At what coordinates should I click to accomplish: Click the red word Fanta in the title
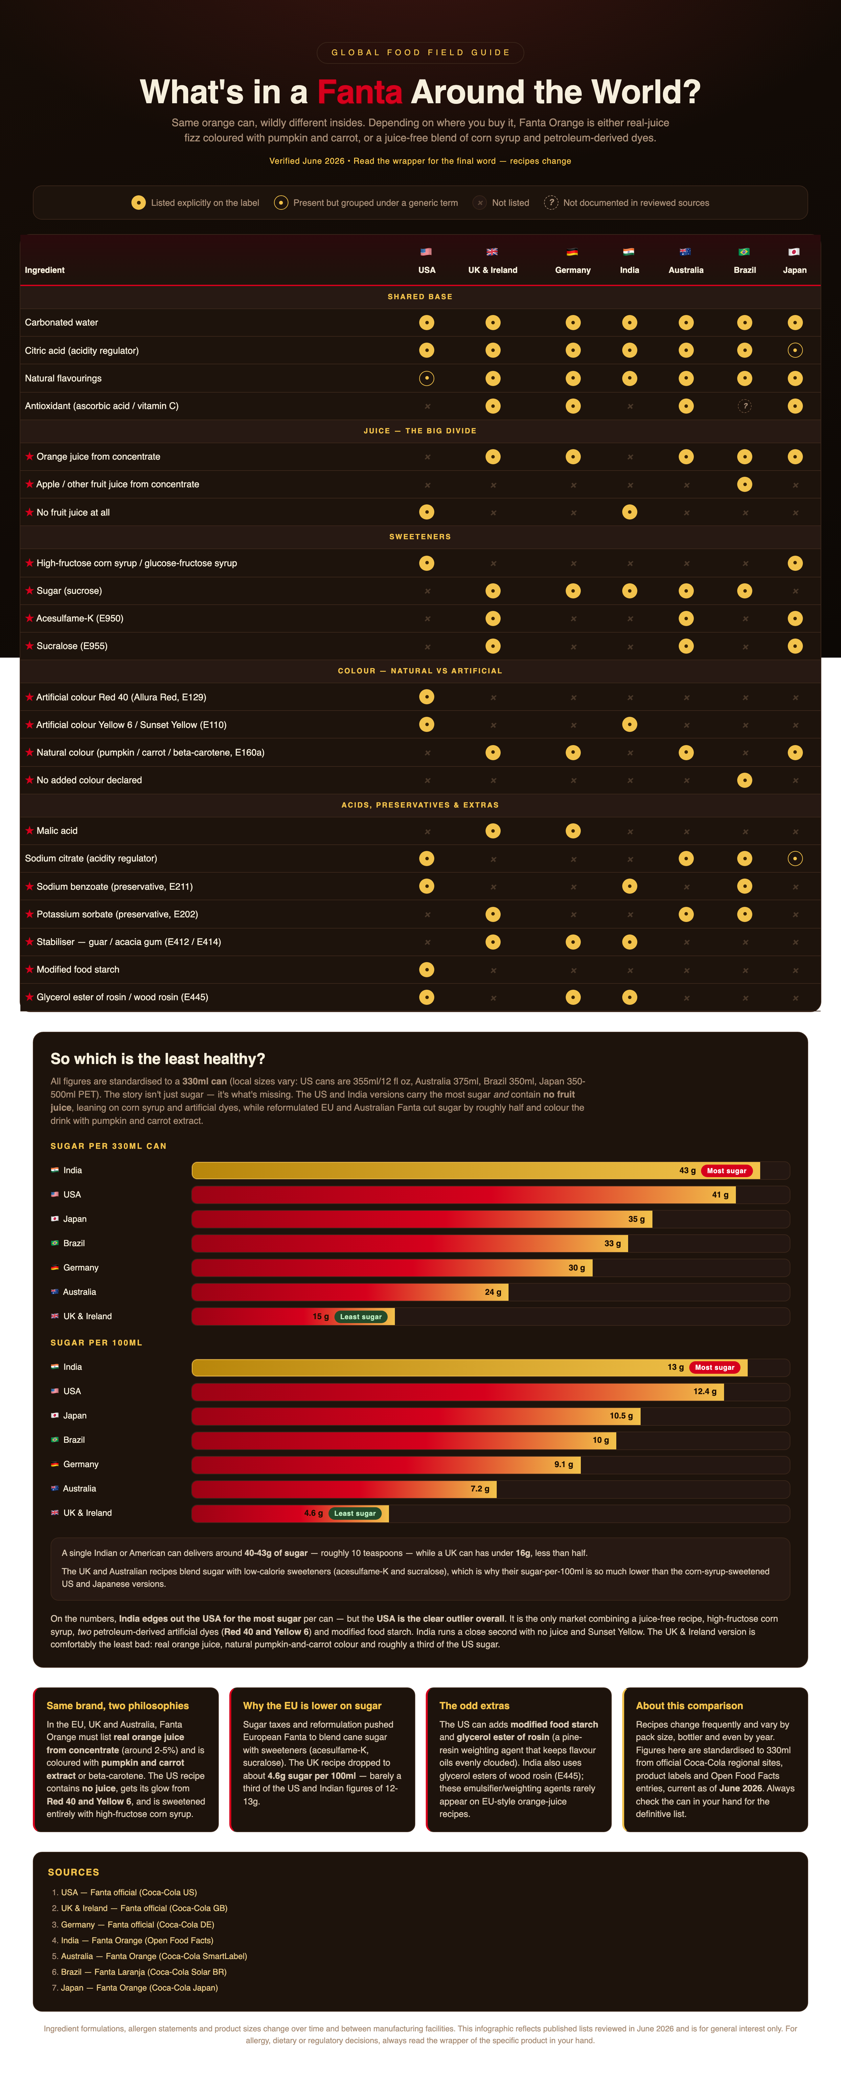pos(359,92)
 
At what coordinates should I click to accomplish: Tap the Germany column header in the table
pos(573,270)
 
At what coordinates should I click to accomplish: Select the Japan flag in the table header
pos(794,251)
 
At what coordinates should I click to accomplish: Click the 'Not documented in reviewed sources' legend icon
pos(551,203)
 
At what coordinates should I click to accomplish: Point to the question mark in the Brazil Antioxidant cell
pos(745,406)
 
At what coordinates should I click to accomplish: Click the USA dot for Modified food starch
pos(426,969)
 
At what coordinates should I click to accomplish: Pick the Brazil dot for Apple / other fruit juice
pos(745,484)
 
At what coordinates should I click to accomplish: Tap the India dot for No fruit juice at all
pos(629,512)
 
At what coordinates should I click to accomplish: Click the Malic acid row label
pos(57,831)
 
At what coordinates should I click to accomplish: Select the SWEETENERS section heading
pos(420,537)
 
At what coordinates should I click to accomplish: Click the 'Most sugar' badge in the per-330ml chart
pos(726,1170)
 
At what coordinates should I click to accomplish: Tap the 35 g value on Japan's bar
pos(637,1219)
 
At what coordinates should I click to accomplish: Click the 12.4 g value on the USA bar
pos(704,1391)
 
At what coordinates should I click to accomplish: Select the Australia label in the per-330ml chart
pos(79,1292)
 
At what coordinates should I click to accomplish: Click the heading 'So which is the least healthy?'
pos(158,1059)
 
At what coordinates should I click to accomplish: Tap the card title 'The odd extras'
pos(474,1706)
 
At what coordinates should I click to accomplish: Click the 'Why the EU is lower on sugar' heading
pos(312,1706)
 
